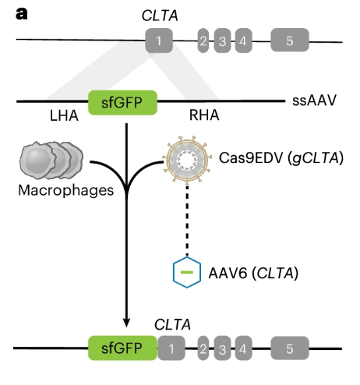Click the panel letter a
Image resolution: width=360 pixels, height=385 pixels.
(x=22, y=14)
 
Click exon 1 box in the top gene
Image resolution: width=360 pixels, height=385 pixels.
(x=159, y=41)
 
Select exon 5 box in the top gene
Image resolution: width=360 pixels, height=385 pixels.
(x=290, y=40)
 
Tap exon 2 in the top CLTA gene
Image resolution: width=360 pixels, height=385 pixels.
(x=203, y=41)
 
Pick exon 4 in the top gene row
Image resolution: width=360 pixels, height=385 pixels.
(x=243, y=41)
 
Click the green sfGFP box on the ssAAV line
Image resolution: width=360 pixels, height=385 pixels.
(x=122, y=103)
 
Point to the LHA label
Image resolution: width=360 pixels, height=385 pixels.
(x=64, y=115)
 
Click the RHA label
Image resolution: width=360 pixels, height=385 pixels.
(x=204, y=115)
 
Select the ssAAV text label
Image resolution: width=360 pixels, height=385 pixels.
(x=314, y=101)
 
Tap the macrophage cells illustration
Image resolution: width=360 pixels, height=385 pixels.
(x=51, y=161)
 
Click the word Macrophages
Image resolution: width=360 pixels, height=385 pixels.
(x=66, y=190)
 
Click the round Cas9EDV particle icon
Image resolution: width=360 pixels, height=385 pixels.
(x=187, y=159)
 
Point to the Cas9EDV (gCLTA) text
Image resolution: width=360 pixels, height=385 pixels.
(x=281, y=157)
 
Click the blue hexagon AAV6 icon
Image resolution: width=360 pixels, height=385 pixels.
(x=187, y=272)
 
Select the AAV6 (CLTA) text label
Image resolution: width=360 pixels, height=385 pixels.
(x=253, y=273)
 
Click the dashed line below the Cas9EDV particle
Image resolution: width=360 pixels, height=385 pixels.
(x=187, y=221)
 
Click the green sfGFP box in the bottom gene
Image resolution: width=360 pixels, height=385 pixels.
(x=122, y=348)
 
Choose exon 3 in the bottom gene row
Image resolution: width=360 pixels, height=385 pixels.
(x=222, y=348)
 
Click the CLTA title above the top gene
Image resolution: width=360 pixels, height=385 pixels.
(x=160, y=16)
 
